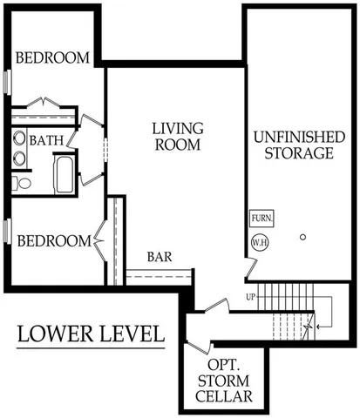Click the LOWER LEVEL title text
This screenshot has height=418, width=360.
pyautogui.click(x=91, y=333)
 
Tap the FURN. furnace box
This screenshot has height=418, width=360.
pyautogui.click(x=261, y=218)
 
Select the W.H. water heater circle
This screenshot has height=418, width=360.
pyautogui.click(x=260, y=242)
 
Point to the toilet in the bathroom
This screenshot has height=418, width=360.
pyautogui.click(x=20, y=183)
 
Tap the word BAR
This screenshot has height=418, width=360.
pyautogui.click(x=158, y=258)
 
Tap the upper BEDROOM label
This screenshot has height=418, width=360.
pyautogui.click(x=53, y=58)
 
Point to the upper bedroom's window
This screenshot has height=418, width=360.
pyautogui.click(x=7, y=82)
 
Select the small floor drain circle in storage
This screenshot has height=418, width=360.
pyautogui.click(x=302, y=236)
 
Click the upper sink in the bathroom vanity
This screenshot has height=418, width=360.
pyautogui.click(x=18, y=138)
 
